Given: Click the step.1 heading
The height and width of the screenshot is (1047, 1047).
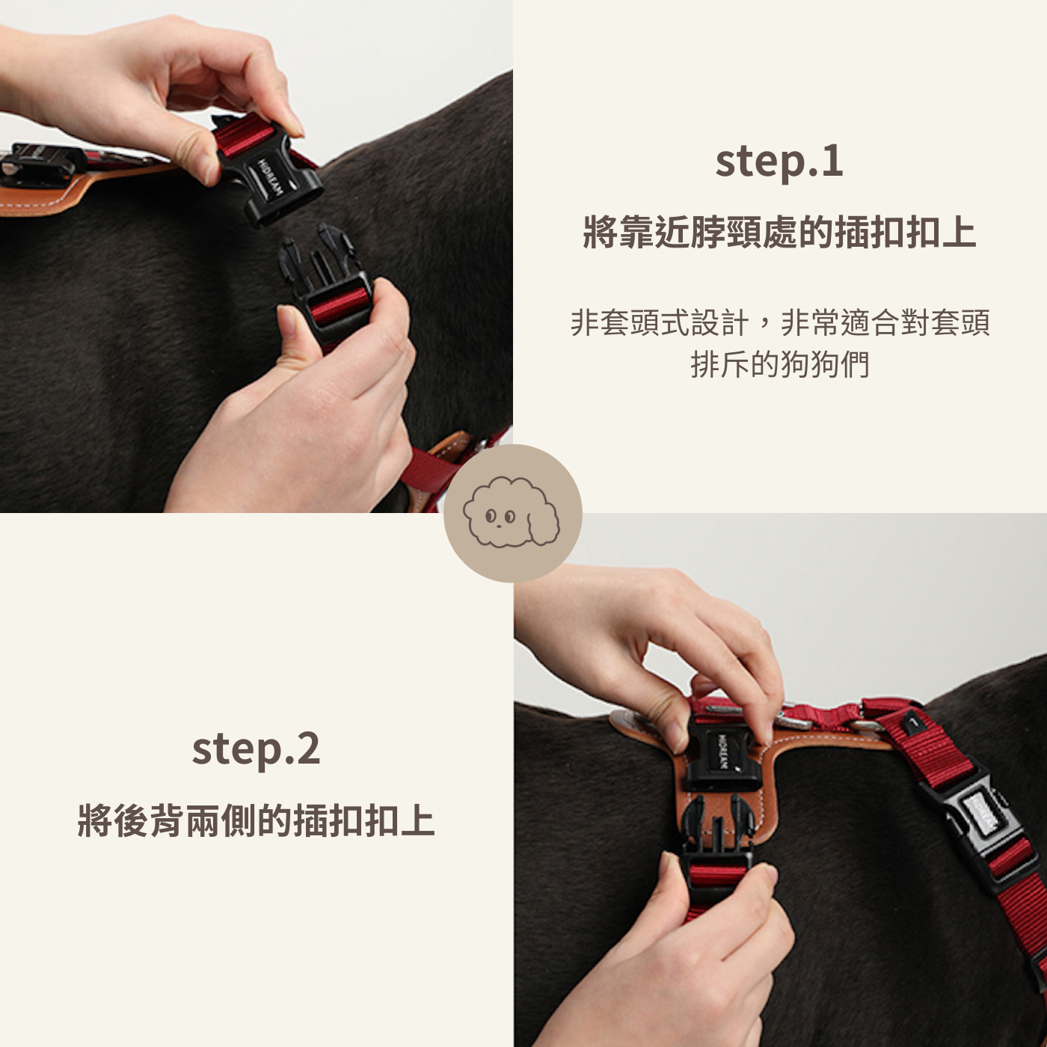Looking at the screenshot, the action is point(779,162).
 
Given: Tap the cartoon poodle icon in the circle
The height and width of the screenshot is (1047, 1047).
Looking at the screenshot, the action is point(512,511).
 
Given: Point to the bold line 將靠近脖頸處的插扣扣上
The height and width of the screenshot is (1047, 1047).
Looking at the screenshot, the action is point(779,233).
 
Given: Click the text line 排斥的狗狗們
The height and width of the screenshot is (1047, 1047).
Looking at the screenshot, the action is point(780,364).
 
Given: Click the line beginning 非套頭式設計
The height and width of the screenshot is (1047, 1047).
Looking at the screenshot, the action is point(780,322).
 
